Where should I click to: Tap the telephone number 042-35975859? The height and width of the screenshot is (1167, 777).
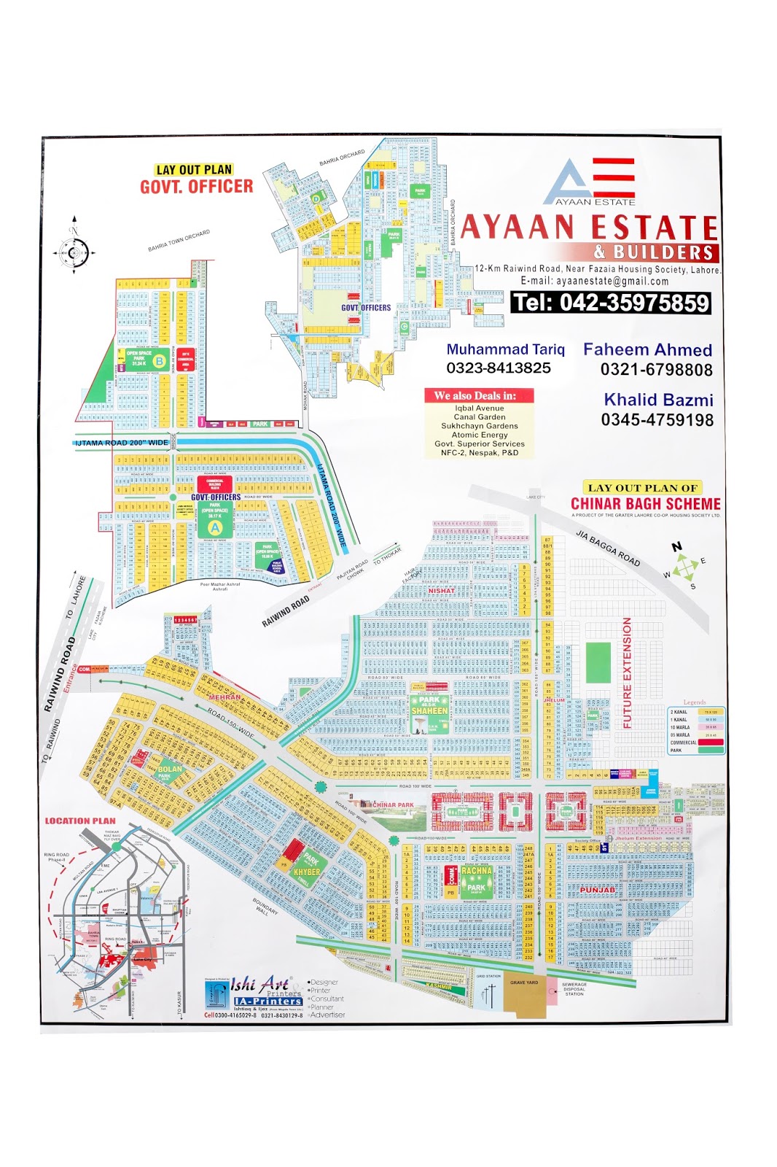click(x=611, y=302)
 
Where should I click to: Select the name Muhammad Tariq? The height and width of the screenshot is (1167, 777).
click(x=505, y=349)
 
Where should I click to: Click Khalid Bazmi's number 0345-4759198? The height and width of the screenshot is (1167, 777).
click(x=657, y=419)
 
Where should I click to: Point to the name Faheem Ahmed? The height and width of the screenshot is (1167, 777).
click(x=647, y=349)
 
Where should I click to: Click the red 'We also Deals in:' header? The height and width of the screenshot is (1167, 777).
click(x=479, y=395)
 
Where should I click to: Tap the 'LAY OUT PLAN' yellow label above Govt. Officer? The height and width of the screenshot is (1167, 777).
click(x=194, y=169)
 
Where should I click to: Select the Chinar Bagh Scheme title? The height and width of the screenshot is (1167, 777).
click(x=645, y=503)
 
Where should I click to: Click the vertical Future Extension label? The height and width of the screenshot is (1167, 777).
click(x=627, y=672)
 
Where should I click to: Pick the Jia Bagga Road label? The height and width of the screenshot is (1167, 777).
click(x=608, y=548)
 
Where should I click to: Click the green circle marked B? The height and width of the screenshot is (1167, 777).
click(x=158, y=361)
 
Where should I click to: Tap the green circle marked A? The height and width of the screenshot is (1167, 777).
click(x=215, y=527)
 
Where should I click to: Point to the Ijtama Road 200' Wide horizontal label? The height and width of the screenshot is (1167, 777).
click(x=122, y=443)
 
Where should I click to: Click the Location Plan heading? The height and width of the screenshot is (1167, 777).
click(x=79, y=821)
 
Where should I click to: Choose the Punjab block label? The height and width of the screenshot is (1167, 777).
click(x=597, y=890)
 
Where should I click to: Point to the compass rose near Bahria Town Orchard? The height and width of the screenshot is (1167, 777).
click(x=74, y=252)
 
